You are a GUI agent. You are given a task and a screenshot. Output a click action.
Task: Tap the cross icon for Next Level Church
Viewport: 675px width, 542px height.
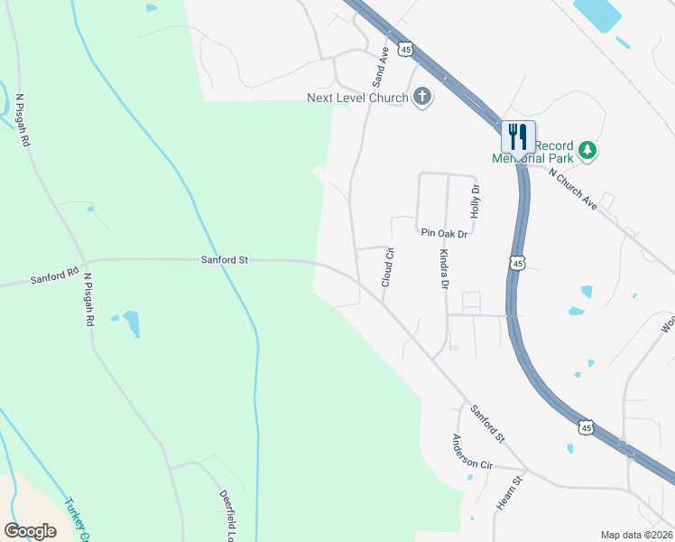click(x=421, y=98)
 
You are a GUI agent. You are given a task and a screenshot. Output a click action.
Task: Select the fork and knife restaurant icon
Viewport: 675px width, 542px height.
click(x=518, y=137)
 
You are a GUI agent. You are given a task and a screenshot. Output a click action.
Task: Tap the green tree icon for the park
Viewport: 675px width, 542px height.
click(x=587, y=150)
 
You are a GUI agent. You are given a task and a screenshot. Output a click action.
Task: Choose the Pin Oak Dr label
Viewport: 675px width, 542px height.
click(x=444, y=233)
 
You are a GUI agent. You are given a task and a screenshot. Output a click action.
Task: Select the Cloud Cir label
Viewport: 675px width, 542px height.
click(x=388, y=267)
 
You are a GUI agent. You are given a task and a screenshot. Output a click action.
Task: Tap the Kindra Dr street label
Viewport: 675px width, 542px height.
click(x=444, y=269)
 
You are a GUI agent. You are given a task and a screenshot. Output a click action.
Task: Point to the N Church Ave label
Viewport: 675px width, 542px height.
click(x=574, y=190)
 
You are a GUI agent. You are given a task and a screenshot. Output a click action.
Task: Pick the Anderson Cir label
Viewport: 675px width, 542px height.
click(x=472, y=452)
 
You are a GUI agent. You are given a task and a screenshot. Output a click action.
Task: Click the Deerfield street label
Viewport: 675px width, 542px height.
click(x=227, y=511)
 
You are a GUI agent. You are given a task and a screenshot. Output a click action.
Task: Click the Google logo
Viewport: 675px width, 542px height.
click(x=30, y=530)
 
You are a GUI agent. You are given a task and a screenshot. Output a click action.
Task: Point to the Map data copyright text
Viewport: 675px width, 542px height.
click(x=635, y=535)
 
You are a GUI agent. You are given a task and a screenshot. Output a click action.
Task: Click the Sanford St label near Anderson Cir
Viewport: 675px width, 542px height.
click(x=487, y=423)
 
